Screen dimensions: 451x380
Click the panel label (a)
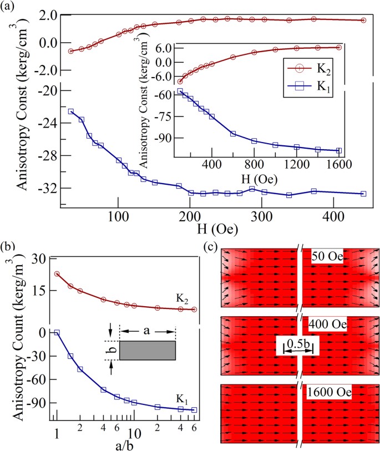10,7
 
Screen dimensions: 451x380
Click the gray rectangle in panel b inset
148,351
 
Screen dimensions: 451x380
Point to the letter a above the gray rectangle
148,330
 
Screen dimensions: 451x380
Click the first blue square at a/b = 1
57,332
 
